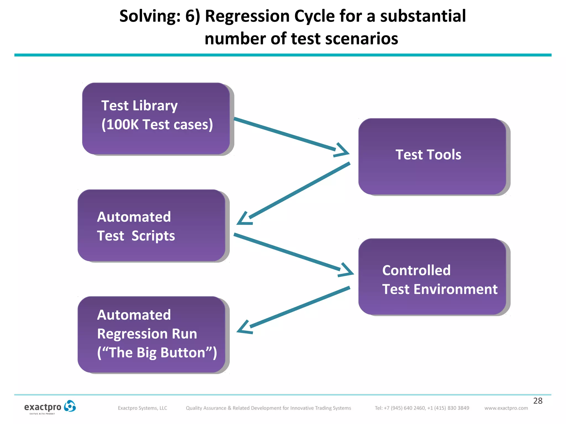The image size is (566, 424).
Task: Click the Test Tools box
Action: tap(432, 156)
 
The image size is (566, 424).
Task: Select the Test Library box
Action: tap(156, 119)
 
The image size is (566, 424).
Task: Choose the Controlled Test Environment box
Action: tap(432, 277)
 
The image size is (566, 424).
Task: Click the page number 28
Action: tap(538, 401)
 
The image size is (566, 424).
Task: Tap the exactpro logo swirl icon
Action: tap(70, 406)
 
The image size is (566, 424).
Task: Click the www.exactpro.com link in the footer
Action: tap(506, 408)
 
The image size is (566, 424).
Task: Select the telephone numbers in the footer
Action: tap(422, 408)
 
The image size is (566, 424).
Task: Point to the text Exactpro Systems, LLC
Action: tap(142, 408)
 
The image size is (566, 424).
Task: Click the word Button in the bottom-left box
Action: tap(183, 353)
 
